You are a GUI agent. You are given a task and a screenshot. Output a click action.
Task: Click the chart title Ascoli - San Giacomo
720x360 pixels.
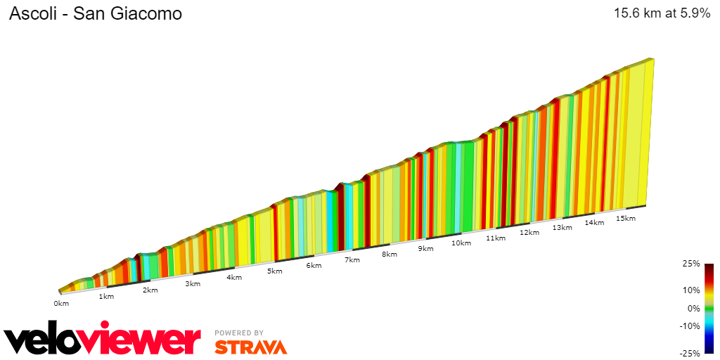coord(95,13)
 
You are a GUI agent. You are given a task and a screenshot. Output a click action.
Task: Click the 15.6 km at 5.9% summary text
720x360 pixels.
coord(662,13)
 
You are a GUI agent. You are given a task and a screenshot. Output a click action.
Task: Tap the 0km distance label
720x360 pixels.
coord(61,304)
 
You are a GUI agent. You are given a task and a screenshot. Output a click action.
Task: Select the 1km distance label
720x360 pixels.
coord(106,297)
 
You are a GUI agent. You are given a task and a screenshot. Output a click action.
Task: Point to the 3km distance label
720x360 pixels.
coord(193,284)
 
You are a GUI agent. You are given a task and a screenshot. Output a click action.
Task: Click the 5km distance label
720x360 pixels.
coord(274,271)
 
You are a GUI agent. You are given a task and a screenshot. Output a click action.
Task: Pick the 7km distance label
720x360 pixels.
coord(352,260)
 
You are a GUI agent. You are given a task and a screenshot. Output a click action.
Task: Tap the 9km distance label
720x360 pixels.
coord(425,249)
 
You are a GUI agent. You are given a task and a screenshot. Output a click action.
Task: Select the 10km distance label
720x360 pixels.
coord(461,243)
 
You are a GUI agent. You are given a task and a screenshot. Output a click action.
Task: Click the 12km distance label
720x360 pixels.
coord(529,233)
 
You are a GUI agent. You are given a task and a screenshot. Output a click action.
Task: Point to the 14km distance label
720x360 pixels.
coord(594,223)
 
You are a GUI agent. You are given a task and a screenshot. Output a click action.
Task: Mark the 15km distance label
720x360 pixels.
coord(626,219)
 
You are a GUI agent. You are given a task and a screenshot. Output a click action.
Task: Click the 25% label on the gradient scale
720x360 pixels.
coord(691,264)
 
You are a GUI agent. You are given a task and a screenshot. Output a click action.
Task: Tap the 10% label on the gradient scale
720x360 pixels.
coord(691,290)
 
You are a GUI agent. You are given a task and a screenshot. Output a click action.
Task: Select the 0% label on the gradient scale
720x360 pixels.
coord(693,308)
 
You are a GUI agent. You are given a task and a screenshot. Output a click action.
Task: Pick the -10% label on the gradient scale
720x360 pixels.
coord(690,326)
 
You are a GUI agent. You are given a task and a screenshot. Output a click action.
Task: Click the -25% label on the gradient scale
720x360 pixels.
coord(690,353)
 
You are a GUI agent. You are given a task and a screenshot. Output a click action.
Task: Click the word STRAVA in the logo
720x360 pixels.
coord(251,347)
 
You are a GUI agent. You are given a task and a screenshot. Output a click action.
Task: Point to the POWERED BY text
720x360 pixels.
coord(239,333)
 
